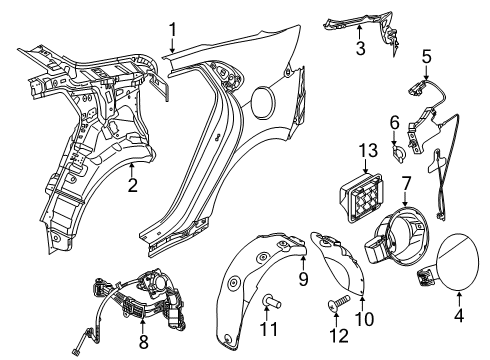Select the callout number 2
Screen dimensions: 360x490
pyautogui.click(x=131, y=183)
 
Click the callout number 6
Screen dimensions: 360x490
pyautogui.click(x=393, y=123)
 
